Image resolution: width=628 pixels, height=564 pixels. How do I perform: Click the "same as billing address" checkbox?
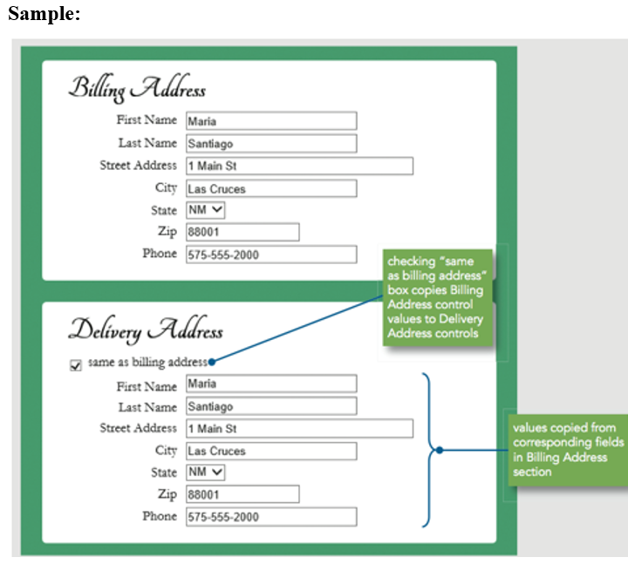coord(75,365)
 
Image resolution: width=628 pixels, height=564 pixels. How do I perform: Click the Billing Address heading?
coord(137,88)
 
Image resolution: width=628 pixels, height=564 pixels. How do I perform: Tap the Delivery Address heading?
coord(146,330)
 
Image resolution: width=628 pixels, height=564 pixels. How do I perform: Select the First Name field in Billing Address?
coord(271,121)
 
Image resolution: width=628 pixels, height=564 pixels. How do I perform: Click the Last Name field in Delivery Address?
coord(271,406)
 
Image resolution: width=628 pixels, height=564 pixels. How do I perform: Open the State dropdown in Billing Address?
coord(205,210)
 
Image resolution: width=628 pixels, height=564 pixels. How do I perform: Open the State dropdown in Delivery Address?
coord(205,472)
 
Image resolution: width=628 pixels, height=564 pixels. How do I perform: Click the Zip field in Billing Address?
coord(242,232)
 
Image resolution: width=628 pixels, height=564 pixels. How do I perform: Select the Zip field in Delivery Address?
coord(242,494)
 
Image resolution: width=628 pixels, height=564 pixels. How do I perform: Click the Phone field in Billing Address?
coord(271,255)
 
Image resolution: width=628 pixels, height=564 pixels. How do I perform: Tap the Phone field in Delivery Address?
coord(271,517)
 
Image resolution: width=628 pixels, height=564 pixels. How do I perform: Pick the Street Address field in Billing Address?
coord(299,166)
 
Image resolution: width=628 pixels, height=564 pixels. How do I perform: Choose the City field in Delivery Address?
coord(271,452)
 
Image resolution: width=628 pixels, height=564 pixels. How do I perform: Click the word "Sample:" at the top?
coord(44,14)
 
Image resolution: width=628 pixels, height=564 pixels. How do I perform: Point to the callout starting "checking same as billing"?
coord(437,297)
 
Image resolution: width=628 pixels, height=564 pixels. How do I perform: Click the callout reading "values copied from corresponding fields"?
coord(568,451)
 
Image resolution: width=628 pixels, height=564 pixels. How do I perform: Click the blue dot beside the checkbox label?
coord(212,363)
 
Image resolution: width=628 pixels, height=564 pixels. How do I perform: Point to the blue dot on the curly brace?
coord(440,451)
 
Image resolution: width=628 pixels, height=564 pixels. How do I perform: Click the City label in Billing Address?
coord(166,188)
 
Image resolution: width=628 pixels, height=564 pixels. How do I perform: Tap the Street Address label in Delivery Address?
coord(138,428)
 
